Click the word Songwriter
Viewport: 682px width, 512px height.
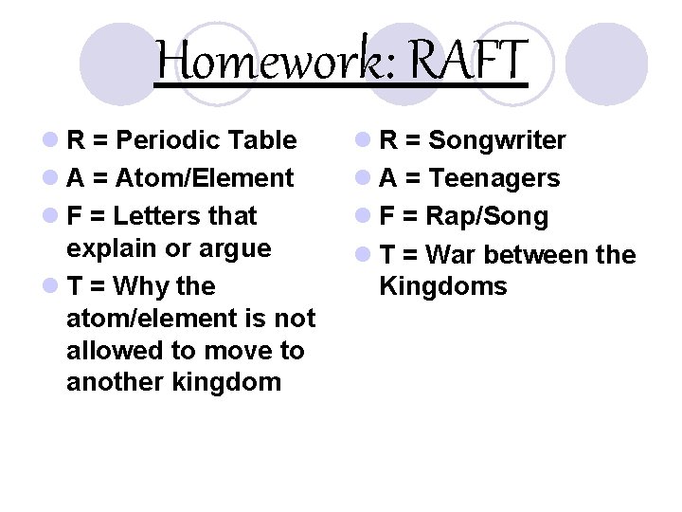click(497, 140)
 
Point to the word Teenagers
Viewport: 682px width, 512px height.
click(494, 178)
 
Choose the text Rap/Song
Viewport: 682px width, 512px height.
click(487, 216)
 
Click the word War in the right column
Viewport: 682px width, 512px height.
click(450, 254)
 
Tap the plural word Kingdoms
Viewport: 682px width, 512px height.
click(442, 286)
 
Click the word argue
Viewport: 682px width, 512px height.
click(239, 248)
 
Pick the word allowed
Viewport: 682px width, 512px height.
click(112, 350)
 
